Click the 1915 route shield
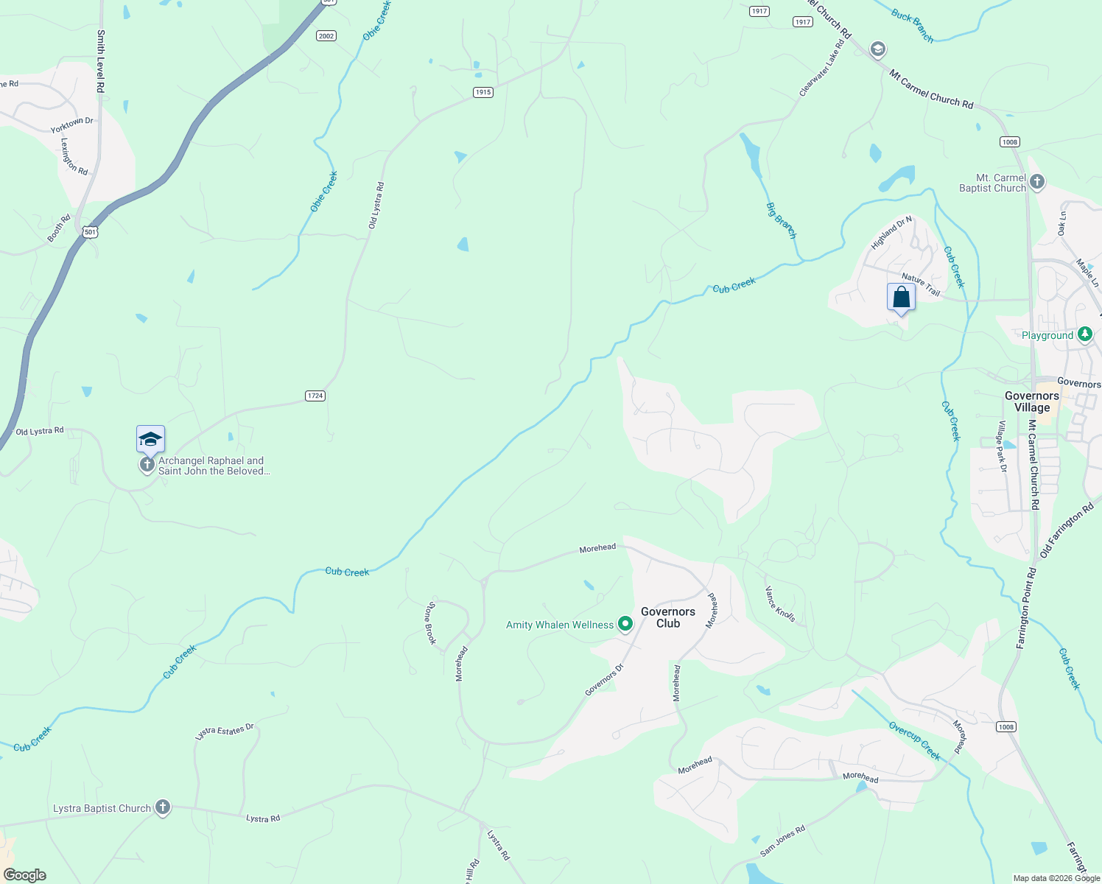pos(482,92)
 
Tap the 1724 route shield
pos(315,396)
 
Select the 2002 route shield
pos(326,35)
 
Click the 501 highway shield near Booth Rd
pos(90,232)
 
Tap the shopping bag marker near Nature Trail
pos(901,298)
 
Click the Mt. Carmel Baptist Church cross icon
pos(1037,181)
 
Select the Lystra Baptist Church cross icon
pos(163,808)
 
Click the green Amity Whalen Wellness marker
pos(625,625)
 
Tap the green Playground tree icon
pos(1084,335)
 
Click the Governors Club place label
pos(668,617)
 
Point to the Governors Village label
pos(1031,401)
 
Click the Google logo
pos(25,875)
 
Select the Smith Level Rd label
pos(101,60)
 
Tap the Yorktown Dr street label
pos(71,125)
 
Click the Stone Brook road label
pos(432,623)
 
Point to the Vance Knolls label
pos(780,604)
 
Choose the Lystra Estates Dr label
pos(225,732)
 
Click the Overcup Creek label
pos(914,741)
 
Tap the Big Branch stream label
pos(782,220)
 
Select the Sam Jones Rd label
pos(783,841)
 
